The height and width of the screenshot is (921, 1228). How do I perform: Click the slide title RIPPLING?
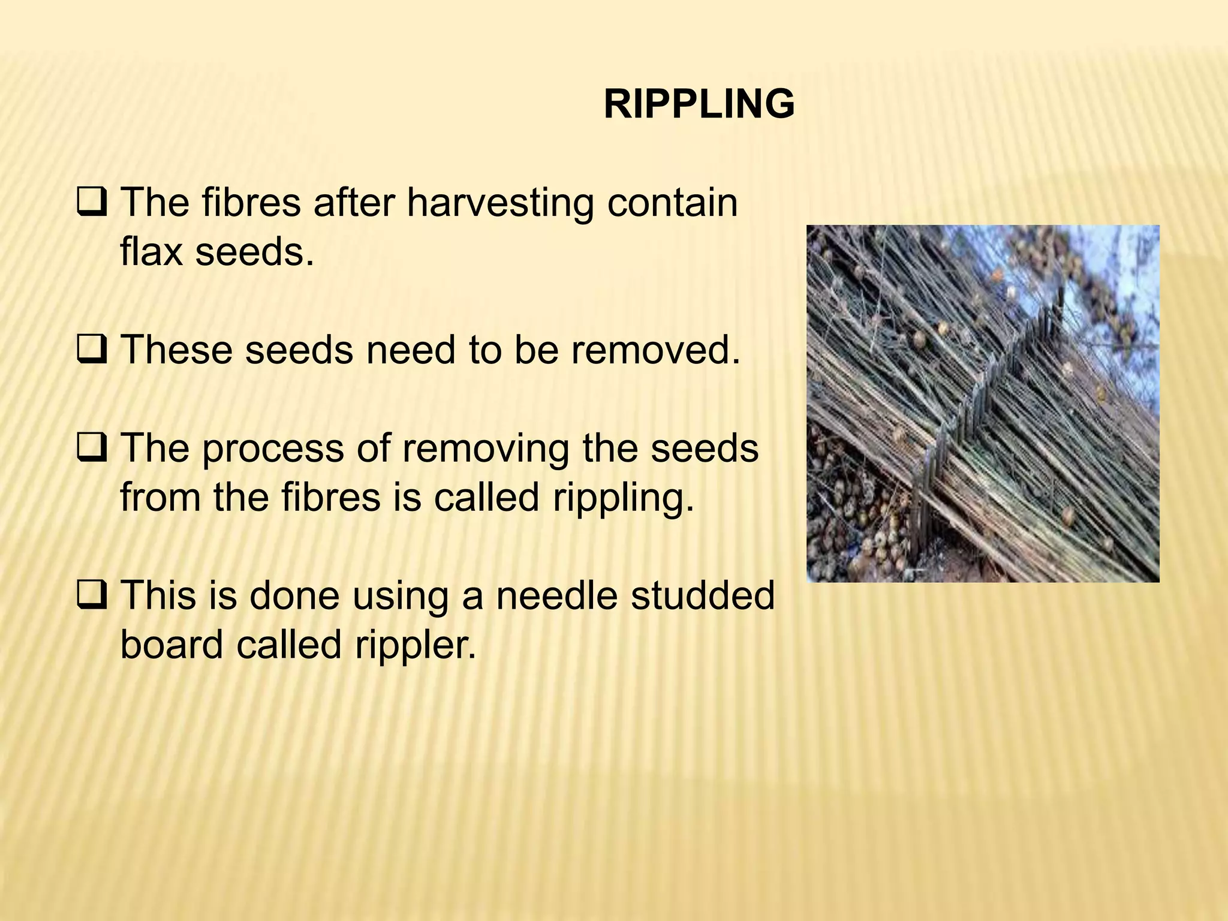pyautogui.click(x=699, y=104)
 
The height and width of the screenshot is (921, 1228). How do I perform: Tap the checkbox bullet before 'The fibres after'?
pyautogui.click(x=92, y=203)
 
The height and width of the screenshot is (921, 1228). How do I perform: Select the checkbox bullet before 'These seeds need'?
pyautogui.click(x=92, y=350)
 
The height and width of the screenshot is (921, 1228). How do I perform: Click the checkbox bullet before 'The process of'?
pyautogui.click(x=92, y=449)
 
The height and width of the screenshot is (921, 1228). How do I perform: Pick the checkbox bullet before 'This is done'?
pyautogui.click(x=92, y=596)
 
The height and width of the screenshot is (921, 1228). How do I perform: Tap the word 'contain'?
pyautogui.click(x=672, y=203)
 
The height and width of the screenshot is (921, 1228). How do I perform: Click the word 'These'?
pyautogui.click(x=176, y=350)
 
